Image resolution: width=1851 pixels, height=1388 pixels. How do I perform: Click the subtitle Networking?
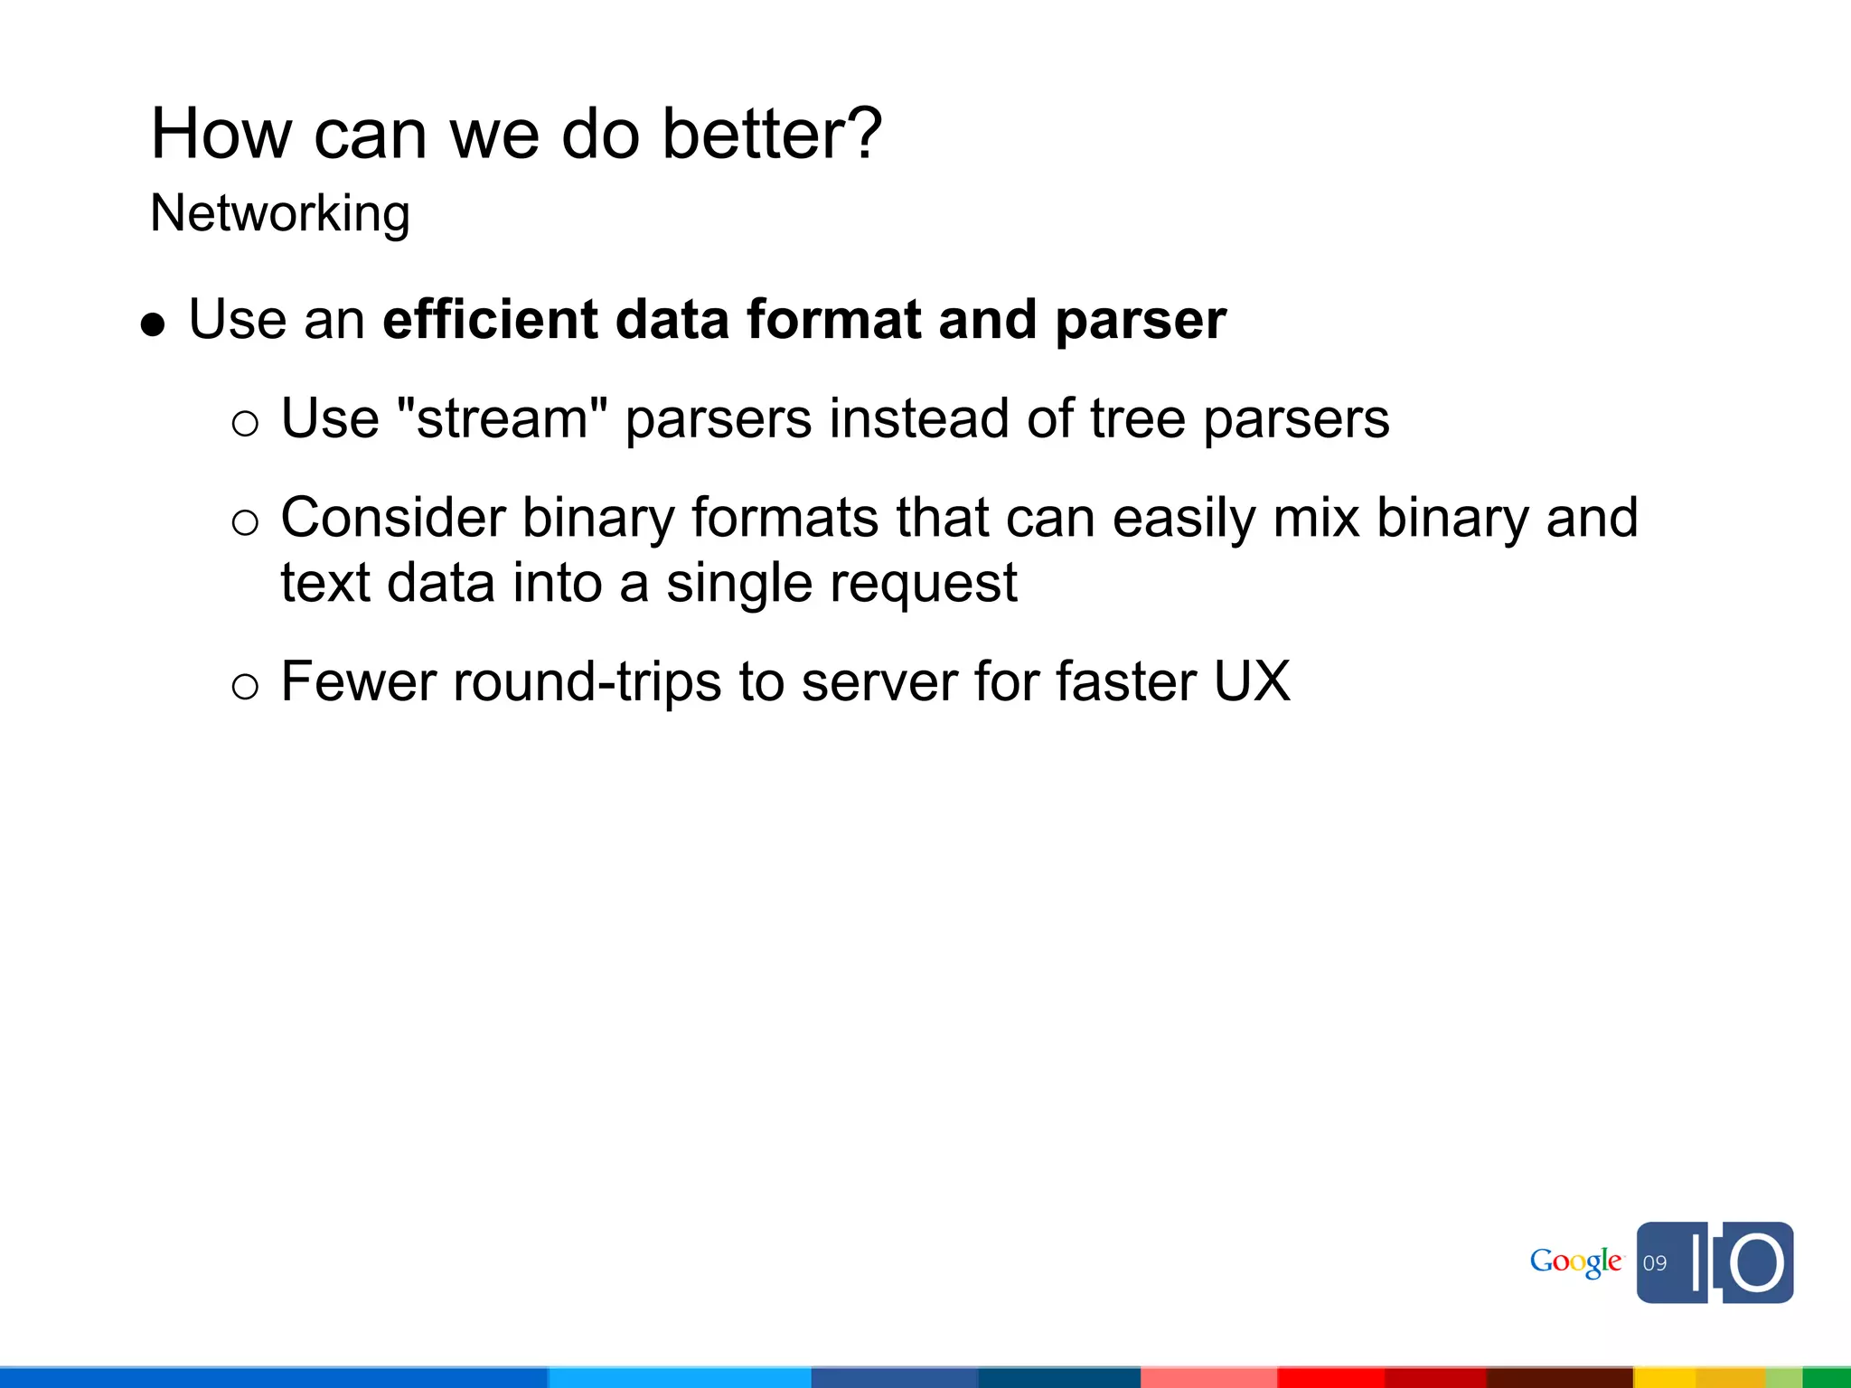[280, 214]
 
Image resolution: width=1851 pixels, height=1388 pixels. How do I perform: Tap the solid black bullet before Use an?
[154, 324]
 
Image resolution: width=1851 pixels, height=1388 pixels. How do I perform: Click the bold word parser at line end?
[1140, 322]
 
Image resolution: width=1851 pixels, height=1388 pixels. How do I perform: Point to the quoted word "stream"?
[502, 418]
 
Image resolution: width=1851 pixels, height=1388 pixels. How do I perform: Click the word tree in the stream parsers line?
[1137, 419]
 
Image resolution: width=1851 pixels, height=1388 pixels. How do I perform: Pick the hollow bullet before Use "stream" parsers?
[245, 423]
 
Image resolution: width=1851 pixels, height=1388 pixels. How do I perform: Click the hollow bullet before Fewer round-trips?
[245, 687]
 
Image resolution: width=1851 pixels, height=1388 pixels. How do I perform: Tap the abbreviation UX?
[1252, 681]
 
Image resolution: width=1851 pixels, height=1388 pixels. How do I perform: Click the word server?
[879, 682]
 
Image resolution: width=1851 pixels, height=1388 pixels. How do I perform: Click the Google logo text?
[1575, 1262]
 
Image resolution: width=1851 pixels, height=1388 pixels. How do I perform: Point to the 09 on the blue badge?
[1655, 1263]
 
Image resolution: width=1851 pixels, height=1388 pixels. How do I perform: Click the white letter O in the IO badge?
[1757, 1262]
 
